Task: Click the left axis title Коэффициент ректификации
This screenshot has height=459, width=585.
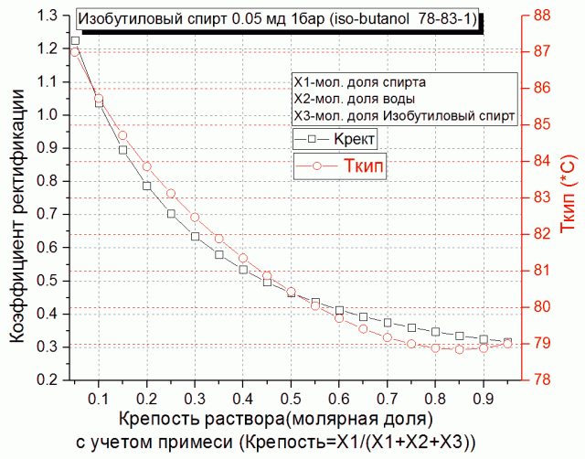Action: click(x=17, y=197)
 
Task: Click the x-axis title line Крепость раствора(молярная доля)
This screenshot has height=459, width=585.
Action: click(x=274, y=421)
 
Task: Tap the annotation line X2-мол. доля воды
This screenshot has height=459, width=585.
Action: click(x=353, y=99)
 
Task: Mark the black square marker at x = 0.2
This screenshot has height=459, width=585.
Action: click(x=146, y=186)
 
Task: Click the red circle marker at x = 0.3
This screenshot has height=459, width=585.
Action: click(x=195, y=218)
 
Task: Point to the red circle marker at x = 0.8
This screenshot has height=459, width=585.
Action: click(x=436, y=347)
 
